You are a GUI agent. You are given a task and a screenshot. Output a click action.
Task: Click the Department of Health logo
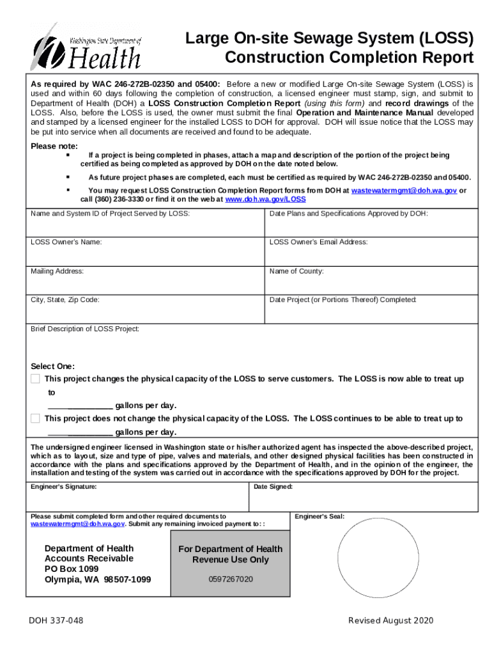click(x=85, y=46)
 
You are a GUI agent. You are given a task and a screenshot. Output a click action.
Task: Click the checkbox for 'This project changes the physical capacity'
click(x=35, y=379)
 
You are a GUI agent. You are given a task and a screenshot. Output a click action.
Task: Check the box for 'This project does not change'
click(x=35, y=418)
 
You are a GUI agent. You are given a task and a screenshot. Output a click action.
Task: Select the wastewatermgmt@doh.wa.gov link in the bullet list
click(x=404, y=191)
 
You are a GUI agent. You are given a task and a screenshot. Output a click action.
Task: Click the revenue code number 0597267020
click(x=231, y=580)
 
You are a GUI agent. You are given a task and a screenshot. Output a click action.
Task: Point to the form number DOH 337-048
click(x=56, y=621)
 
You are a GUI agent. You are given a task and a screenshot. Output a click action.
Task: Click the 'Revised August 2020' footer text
click(x=390, y=621)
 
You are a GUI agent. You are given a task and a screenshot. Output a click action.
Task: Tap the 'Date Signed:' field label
click(x=273, y=487)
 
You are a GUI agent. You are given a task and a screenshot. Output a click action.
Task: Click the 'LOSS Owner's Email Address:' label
click(x=318, y=242)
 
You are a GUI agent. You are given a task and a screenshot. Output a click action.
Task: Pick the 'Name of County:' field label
click(x=296, y=271)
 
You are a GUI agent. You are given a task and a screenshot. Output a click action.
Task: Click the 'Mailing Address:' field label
click(x=58, y=271)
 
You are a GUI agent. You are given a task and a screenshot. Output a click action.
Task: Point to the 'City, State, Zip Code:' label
click(x=65, y=299)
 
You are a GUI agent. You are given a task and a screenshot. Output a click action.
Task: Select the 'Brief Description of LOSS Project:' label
click(x=85, y=329)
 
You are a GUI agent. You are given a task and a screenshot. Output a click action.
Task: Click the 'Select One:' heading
click(x=53, y=367)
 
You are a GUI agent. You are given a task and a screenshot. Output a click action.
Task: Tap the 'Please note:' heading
click(x=54, y=146)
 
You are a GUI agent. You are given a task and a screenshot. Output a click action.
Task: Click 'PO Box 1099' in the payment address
click(x=72, y=569)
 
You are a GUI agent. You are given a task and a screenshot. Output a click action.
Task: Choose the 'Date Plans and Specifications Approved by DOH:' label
click(x=349, y=214)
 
